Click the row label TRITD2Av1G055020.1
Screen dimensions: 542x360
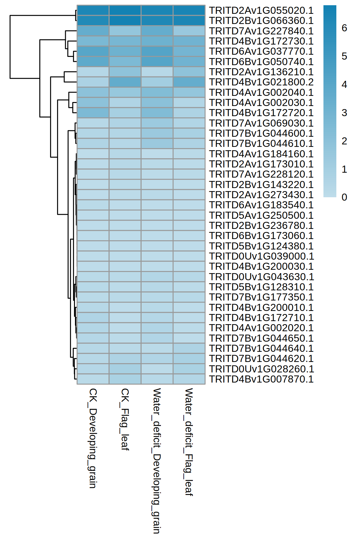261,10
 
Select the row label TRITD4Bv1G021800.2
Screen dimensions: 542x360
261,82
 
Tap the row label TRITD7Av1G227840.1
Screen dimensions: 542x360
261,31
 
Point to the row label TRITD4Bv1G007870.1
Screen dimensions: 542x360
261,379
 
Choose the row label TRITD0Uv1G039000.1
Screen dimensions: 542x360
261,256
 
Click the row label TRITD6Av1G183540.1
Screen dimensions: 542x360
261,205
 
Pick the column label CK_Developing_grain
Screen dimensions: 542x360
93,438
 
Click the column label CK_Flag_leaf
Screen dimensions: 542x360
125,419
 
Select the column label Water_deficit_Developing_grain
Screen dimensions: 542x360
157,461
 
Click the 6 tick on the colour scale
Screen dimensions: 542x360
344,28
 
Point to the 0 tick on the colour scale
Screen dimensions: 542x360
344,197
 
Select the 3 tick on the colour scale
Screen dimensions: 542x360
344,113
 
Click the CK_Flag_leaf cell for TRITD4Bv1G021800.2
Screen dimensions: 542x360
125,82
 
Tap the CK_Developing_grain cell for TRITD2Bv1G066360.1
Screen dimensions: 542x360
93,21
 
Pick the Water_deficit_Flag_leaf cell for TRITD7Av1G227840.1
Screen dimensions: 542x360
189,31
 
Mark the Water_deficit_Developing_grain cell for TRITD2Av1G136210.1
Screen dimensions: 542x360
157,72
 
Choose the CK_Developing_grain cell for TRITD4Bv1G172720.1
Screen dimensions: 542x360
93,113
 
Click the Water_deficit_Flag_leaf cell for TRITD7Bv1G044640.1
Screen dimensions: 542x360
189,348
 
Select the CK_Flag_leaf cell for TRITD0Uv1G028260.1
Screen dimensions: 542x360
125,369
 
